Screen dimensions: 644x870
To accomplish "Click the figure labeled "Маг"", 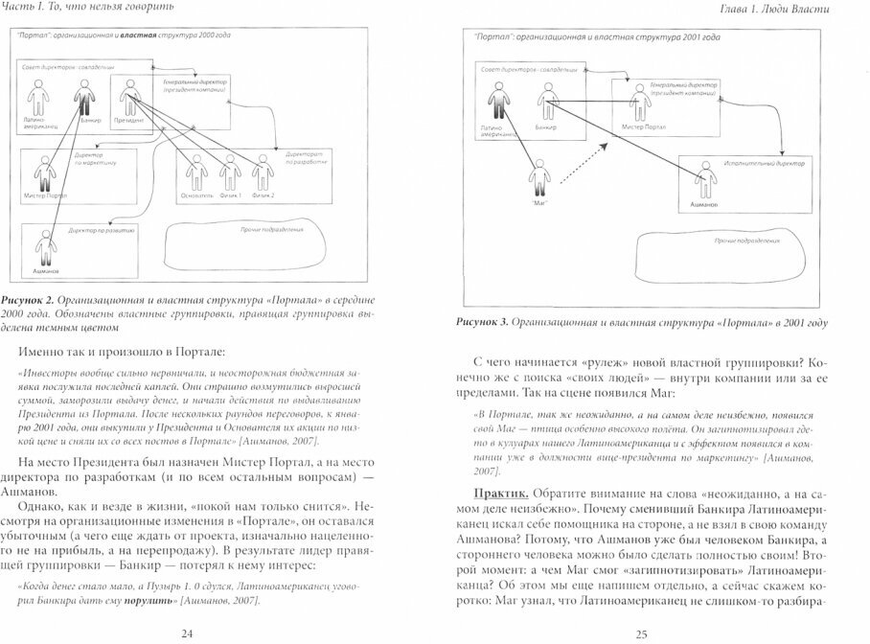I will [x=537, y=179].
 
